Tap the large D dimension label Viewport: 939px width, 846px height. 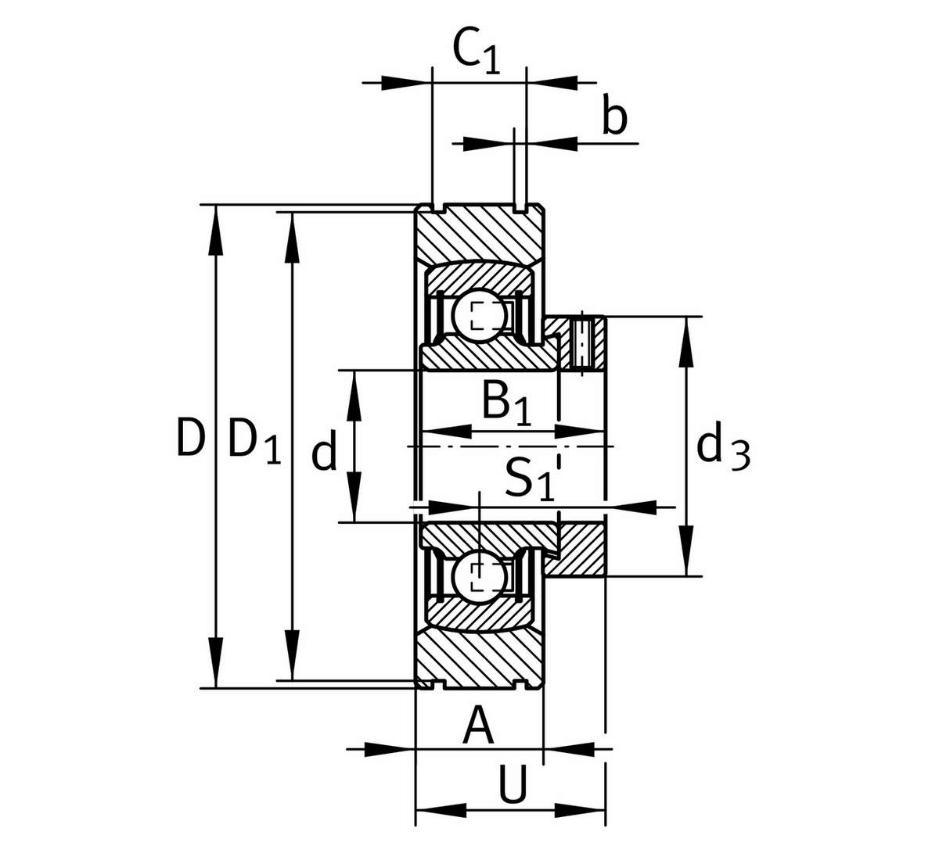tap(189, 438)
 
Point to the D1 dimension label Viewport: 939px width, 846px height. tap(254, 441)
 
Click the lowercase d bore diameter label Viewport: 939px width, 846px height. tap(324, 453)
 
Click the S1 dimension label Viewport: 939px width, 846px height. tap(529, 479)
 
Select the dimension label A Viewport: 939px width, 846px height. tap(479, 726)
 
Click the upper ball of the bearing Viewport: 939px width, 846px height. tap(475, 316)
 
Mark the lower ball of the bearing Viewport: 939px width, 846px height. tap(475, 577)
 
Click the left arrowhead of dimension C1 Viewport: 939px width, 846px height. tap(406, 81)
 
